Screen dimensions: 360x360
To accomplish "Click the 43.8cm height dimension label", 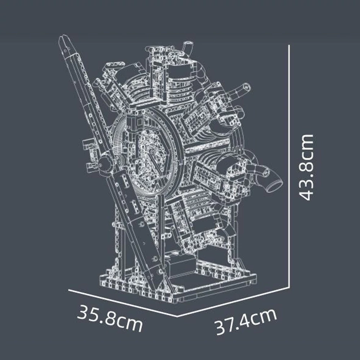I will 307,167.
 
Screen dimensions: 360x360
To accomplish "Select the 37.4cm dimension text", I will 246,321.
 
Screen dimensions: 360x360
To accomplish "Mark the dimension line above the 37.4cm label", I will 234,302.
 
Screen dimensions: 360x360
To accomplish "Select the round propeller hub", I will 105,164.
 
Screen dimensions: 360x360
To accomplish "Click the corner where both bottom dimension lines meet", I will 177,316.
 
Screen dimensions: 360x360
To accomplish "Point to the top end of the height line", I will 289,46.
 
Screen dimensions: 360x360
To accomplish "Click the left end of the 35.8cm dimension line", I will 69,289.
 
